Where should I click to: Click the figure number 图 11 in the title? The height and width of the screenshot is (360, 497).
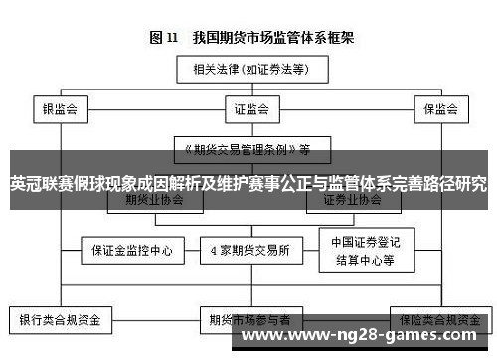click(164, 38)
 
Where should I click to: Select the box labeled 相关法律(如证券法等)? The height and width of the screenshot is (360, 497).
click(248, 70)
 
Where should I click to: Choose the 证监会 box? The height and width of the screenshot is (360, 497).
click(248, 108)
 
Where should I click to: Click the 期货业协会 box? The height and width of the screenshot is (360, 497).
click(151, 199)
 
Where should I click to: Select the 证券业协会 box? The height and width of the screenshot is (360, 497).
click(353, 199)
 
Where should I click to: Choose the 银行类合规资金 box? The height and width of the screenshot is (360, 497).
click(60, 320)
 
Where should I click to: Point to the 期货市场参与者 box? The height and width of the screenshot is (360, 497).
click(248, 320)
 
